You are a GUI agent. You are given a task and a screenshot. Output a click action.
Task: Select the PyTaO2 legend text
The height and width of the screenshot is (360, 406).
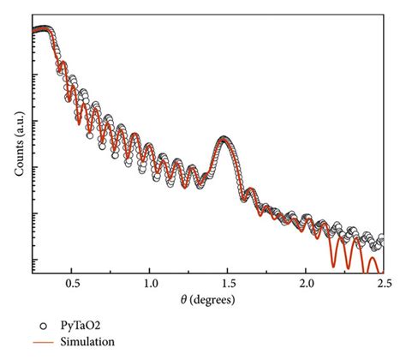(77, 326)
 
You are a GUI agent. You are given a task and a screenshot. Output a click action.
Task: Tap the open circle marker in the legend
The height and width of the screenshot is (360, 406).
(45, 326)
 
